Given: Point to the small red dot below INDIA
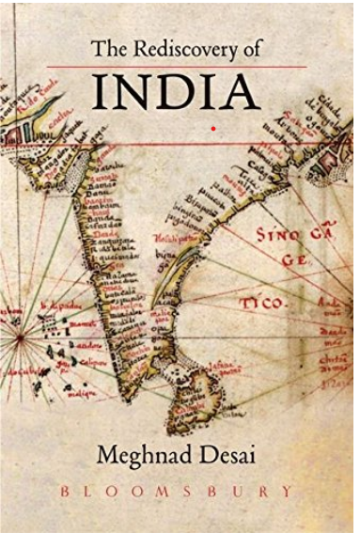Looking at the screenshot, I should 215,125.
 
